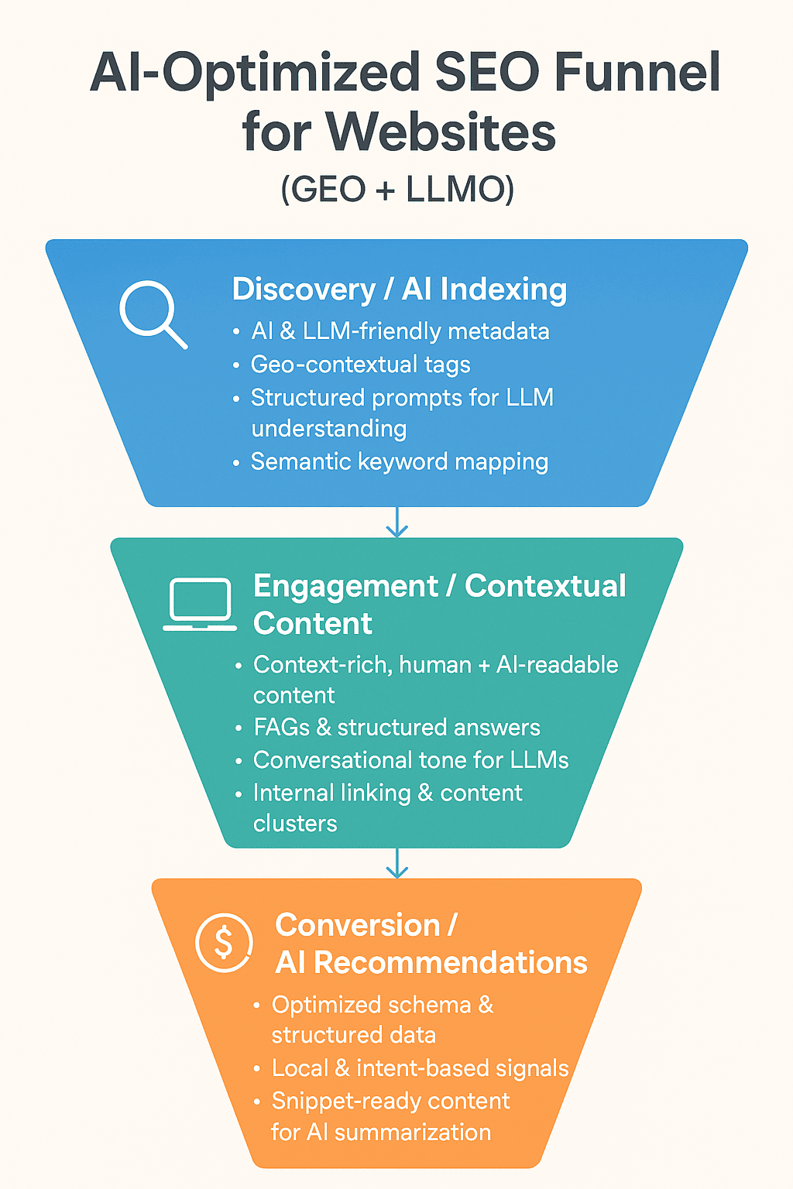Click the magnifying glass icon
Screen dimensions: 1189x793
(152, 313)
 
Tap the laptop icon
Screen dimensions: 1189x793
(200, 604)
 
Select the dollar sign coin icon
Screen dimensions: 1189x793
(224, 943)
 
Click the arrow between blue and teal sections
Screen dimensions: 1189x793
(396, 523)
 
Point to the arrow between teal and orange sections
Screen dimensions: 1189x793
(396, 863)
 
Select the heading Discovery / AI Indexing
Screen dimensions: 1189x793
(400, 290)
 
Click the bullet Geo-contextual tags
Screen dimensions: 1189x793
(360, 365)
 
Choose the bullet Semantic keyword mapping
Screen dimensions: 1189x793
(399, 462)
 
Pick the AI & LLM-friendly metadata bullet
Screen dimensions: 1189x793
(400, 331)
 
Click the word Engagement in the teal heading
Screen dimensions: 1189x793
(345, 587)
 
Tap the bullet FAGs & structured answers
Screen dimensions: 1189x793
(396, 728)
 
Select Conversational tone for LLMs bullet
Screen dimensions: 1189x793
(410, 760)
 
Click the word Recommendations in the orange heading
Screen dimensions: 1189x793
(451, 963)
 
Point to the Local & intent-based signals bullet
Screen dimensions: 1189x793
(420, 1068)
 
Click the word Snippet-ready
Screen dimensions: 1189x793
(335, 1101)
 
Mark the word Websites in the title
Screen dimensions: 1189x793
(441, 132)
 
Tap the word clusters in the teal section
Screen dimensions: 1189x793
(295, 823)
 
